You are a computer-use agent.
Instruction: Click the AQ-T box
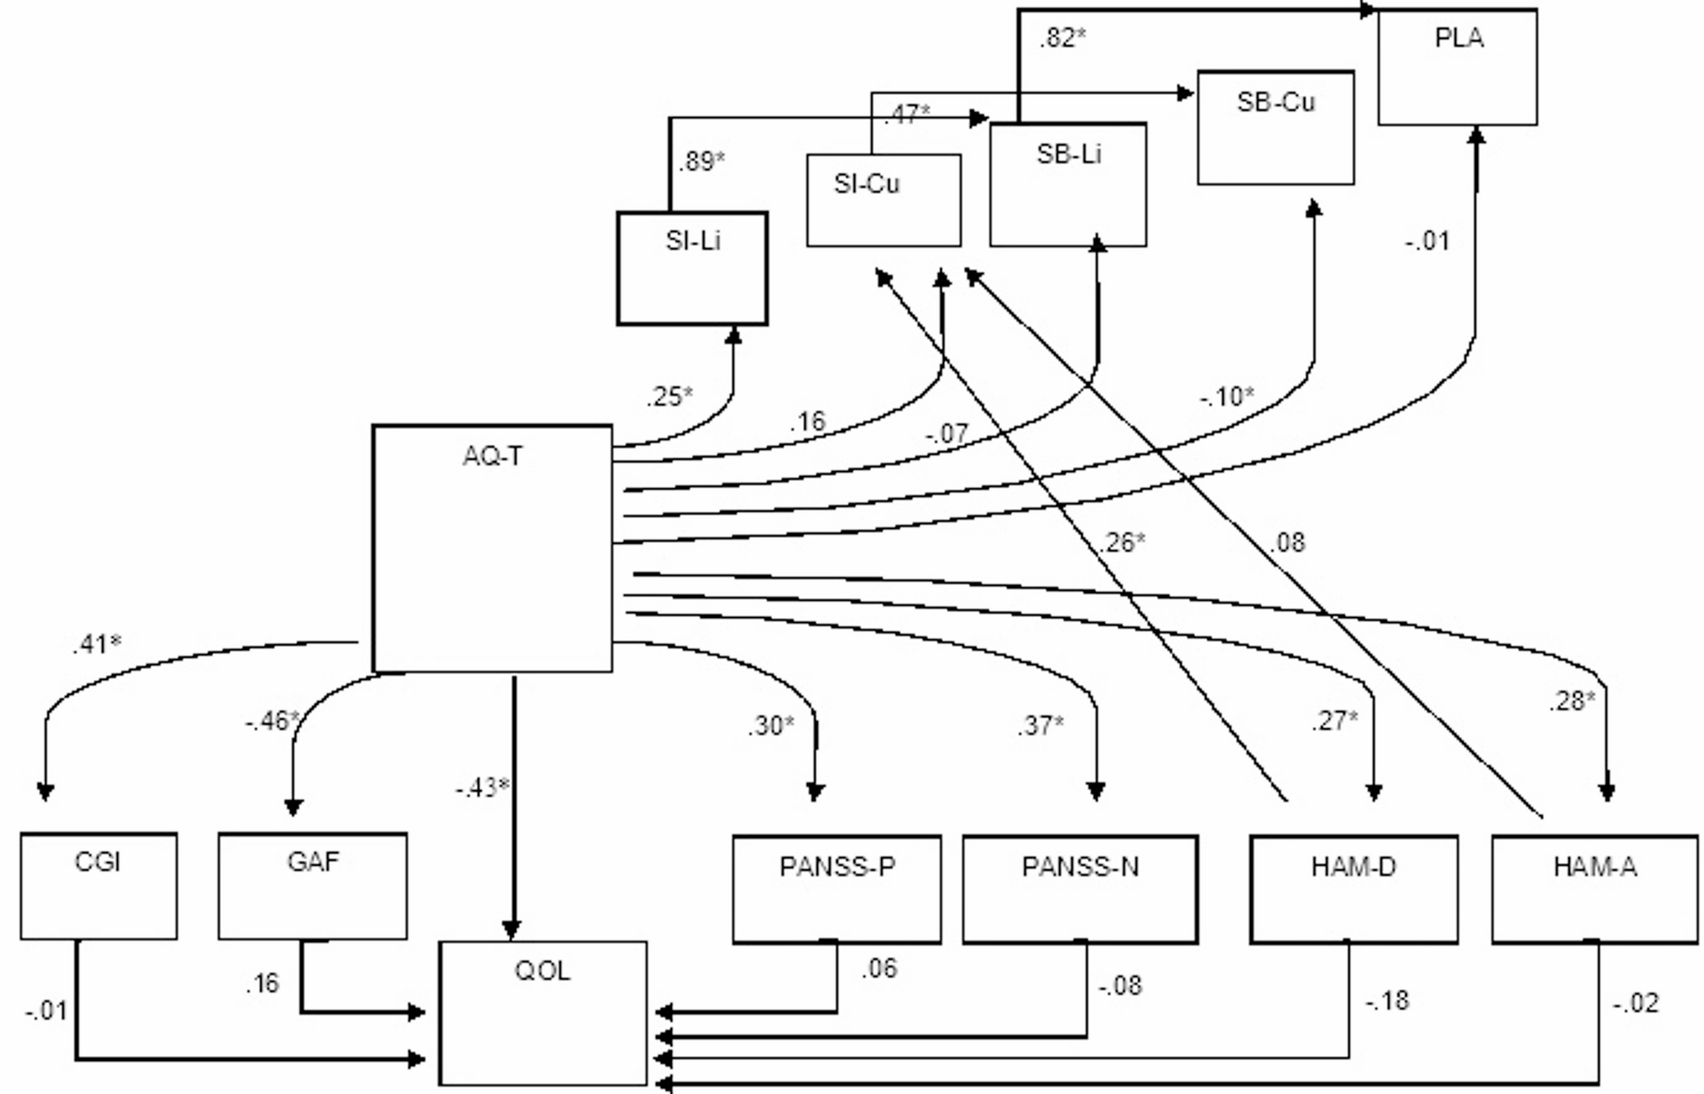coord(492,548)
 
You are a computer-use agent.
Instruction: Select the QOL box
coord(543,1013)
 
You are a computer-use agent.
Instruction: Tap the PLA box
coord(1457,67)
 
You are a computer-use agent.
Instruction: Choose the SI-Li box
coord(692,268)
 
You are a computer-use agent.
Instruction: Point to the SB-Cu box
coord(1275,127)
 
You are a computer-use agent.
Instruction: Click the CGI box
coord(98,886)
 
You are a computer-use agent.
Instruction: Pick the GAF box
coord(312,886)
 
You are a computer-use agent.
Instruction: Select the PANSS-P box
coord(837,889)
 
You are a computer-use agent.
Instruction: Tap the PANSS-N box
coord(1080,889)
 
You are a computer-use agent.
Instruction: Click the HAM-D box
coord(1354,889)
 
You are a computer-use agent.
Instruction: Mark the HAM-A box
coord(1595,889)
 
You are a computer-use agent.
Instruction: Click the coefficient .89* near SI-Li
coord(702,161)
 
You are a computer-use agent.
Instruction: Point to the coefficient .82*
coord(1062,38)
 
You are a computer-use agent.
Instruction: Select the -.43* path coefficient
coord(482,788)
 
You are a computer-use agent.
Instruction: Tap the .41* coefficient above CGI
coord(97,645)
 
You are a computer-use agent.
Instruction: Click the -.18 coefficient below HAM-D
coord(1387,1001)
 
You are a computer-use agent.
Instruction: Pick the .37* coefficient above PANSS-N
coord(1040,726)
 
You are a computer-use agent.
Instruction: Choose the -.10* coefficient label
coord(1227,396)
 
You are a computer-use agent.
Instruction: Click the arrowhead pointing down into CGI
coord(46,792)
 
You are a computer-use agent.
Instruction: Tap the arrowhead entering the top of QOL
coord(512,930)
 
